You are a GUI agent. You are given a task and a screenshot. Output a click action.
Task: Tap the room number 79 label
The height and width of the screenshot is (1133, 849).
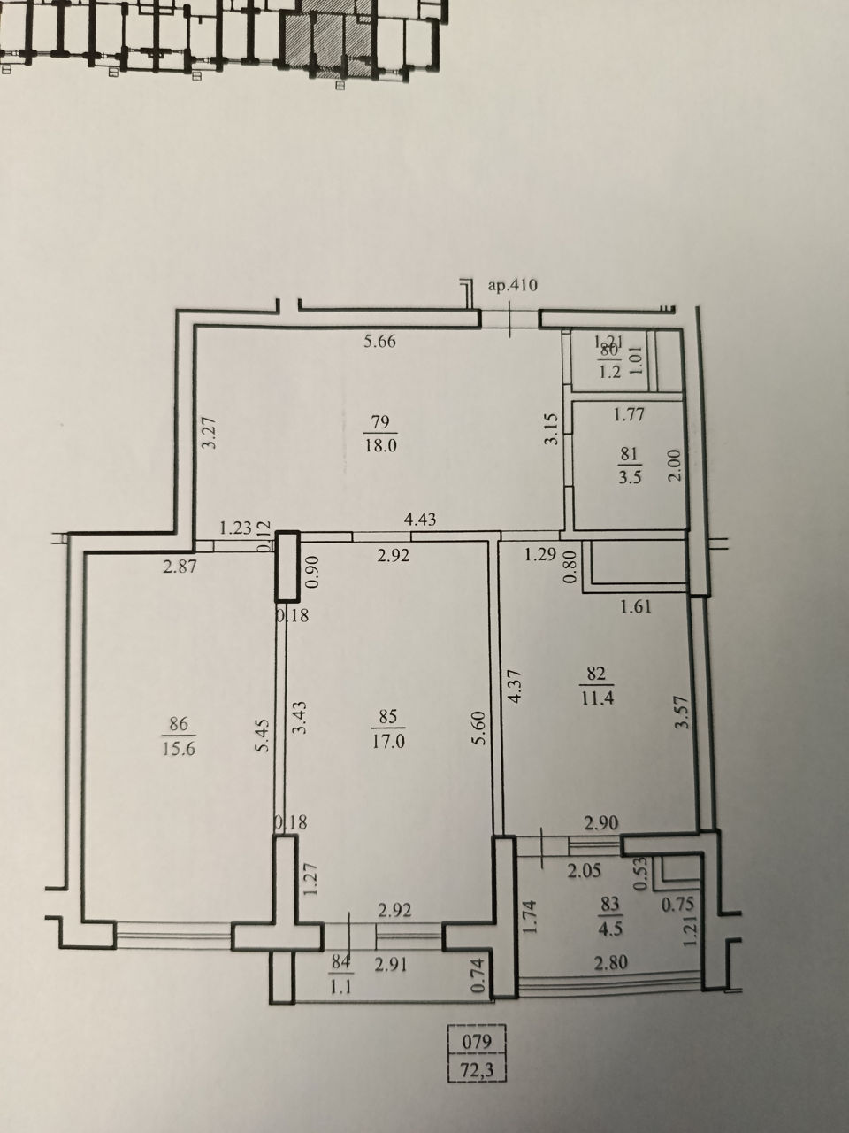(380, 421)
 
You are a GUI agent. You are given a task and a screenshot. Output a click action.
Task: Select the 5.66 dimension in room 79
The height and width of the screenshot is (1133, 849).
(380, 341)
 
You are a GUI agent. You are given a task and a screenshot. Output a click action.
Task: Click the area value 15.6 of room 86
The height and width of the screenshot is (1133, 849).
(179, 749)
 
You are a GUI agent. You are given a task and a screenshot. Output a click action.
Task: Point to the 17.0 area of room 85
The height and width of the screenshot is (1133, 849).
(388, 742)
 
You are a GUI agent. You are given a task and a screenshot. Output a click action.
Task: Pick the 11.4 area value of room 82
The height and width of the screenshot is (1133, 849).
(597, 698)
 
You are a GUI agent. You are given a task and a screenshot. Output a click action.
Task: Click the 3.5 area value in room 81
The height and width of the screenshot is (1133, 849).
(630, 476)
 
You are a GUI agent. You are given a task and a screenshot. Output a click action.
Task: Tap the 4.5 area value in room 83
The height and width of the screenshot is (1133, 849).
(611, 929)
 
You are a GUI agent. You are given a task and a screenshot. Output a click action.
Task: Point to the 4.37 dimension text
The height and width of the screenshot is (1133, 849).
(516, 685)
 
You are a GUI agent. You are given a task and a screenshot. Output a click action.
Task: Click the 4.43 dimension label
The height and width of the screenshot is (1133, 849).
(420, 519)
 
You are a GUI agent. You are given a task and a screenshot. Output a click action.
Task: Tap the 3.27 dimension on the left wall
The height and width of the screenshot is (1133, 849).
(210, 434)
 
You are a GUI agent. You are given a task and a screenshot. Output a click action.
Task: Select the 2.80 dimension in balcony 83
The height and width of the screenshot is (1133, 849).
(611, 963)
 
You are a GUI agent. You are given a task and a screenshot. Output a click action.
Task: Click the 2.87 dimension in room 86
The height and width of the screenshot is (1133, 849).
(180, 567)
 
